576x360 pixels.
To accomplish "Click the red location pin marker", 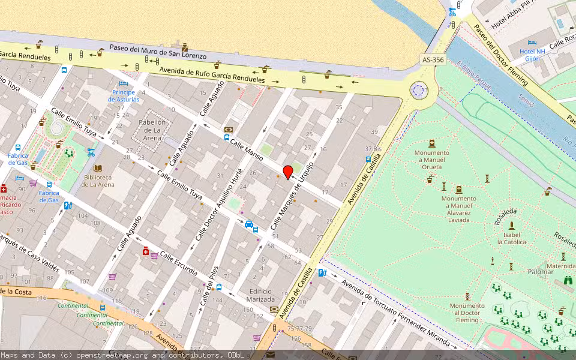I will [x=288, y=172].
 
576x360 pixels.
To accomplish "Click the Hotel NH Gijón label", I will [x=533, y=55].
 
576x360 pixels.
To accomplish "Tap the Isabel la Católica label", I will [x=511, y=238].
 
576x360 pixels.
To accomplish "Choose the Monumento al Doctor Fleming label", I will [x=467, y=313].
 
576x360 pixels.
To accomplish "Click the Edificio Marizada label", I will [x=262, y=295].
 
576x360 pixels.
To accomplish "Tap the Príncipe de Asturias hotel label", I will [x=123, y=95].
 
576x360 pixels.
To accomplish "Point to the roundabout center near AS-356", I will [x=418, y=91].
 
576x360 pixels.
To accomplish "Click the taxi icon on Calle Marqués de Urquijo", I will [x=248, y=224].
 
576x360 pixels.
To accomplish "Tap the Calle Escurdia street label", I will [x=178, y=263].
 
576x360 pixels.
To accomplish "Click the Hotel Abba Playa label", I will [x=514, y=22].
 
